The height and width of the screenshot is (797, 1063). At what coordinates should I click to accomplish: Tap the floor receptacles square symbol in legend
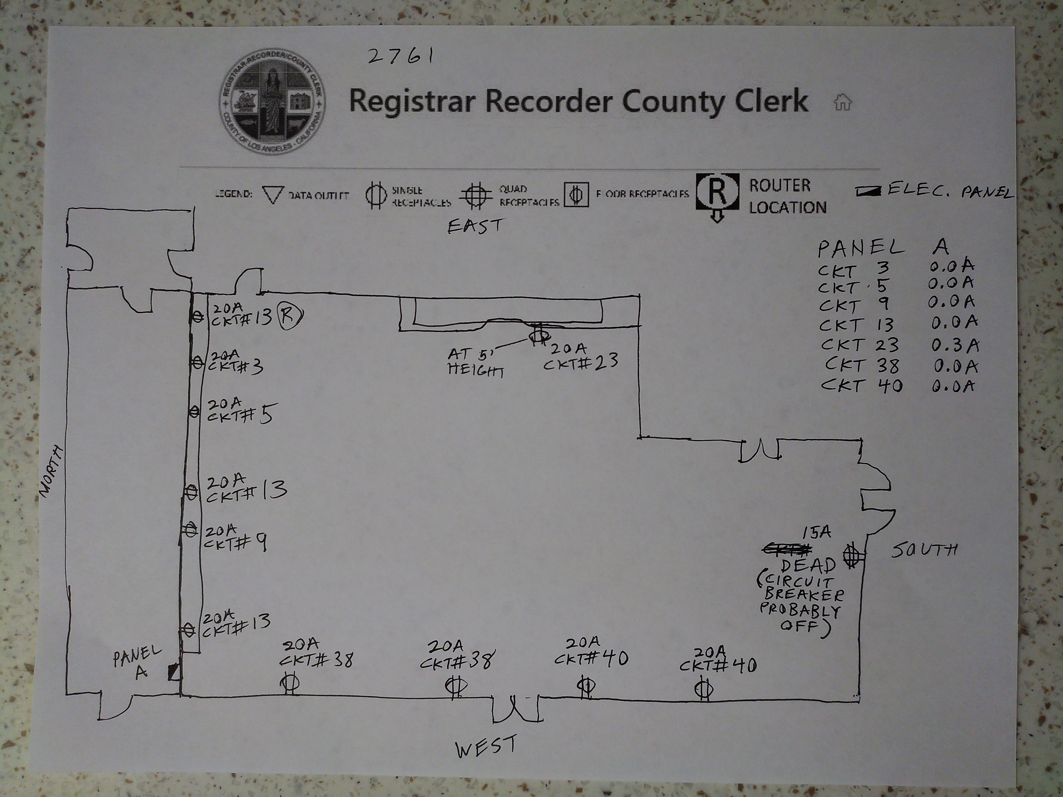coord(576,194)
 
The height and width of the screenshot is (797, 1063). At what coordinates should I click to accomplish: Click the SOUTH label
coord(924,549)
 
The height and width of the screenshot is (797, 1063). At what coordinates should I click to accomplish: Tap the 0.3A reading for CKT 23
coord(955,345)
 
